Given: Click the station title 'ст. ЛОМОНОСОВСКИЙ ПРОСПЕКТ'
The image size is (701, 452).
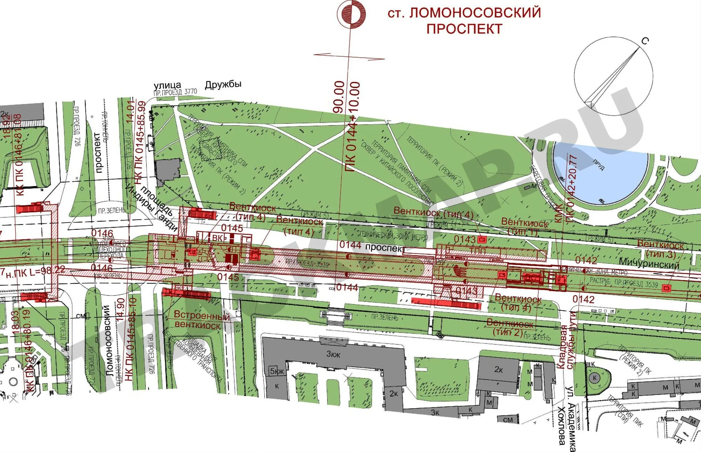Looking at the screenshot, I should tap(464, 21).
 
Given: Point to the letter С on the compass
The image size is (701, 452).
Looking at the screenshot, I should tap(645, 41).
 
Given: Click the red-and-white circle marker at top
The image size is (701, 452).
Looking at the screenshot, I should tap(351, 14).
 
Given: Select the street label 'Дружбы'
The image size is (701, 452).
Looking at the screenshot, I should tap(223, 84).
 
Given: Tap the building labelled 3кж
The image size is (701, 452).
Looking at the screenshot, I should tap(333, 354).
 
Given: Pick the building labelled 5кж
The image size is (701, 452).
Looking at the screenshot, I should tap(277, 371).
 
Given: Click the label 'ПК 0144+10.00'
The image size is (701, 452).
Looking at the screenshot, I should tap(353, 126).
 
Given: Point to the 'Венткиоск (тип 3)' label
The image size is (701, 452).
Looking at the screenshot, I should tap(660, 249).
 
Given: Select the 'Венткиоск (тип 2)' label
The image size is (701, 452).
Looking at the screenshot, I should tap(510, 327).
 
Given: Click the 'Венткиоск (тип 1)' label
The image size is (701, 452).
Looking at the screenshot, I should tap(524, 227).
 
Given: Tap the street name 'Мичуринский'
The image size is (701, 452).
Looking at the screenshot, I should tap(649, 263).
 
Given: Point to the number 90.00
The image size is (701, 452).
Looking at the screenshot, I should tap(339, 97).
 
